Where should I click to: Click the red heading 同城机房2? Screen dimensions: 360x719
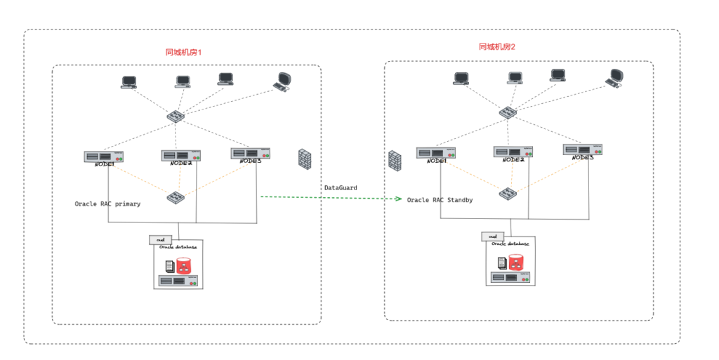(497, 47)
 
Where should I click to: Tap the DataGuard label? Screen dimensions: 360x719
(341, 188)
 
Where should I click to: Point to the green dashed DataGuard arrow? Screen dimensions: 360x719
(330, 198)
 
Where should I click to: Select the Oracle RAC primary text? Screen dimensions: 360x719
(107, 204)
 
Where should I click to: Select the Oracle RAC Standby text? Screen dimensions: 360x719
(440, 200)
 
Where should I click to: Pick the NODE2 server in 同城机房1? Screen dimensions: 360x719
(181, 156)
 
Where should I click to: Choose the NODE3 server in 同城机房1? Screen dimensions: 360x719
(251, 153)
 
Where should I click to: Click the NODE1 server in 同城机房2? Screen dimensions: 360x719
(436, 153)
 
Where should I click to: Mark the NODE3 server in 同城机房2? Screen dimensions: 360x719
(583, 149)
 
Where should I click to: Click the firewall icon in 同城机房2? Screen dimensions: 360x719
(395, 160)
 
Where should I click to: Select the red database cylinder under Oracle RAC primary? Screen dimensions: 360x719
(184, 266)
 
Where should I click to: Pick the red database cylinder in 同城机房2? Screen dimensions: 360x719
(517, 262)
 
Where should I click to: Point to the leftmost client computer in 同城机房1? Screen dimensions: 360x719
(128, 82)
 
